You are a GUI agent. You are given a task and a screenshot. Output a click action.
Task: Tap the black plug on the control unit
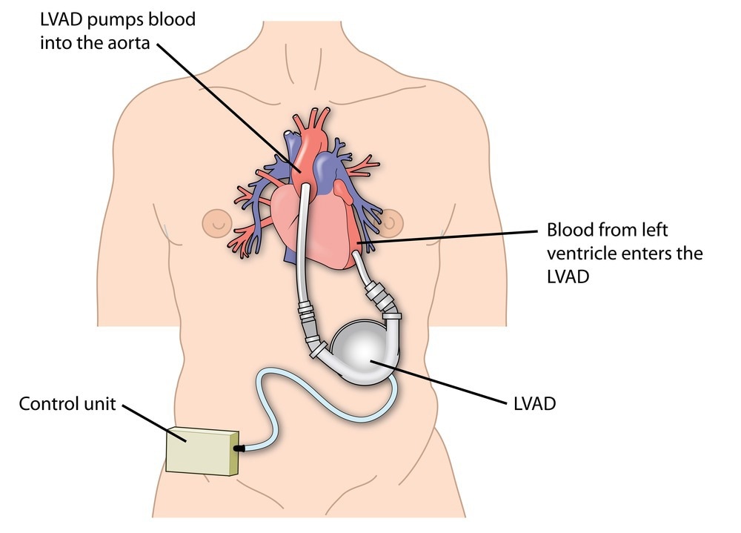coord(239,448)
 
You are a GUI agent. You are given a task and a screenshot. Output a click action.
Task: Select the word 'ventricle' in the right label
coord(578,254)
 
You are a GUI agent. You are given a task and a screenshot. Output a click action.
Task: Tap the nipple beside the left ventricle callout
coord(391,220)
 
